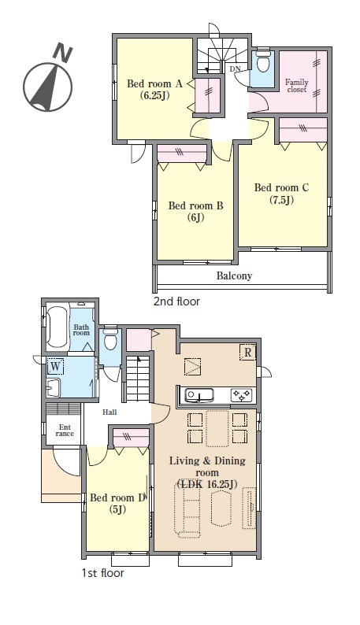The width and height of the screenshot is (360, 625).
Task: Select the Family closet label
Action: tap(297, 86)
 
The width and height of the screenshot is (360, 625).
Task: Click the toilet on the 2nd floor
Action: tap(262, 61)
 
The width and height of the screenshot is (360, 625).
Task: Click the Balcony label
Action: tap(234, 276)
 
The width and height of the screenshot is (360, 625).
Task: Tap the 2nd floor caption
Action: tap(176, 301)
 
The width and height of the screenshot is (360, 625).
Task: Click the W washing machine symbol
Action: tap(56, 367)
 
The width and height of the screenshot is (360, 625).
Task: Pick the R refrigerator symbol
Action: tap(247, 353)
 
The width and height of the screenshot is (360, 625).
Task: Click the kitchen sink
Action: tap(199, 395)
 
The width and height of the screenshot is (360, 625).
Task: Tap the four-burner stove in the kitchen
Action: tap(242, 395)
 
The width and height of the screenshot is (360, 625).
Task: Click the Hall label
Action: tap(109, 412)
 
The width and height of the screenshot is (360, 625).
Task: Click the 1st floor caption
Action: tap(102, 573)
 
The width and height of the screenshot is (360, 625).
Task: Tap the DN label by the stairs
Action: tap(236, 68)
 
